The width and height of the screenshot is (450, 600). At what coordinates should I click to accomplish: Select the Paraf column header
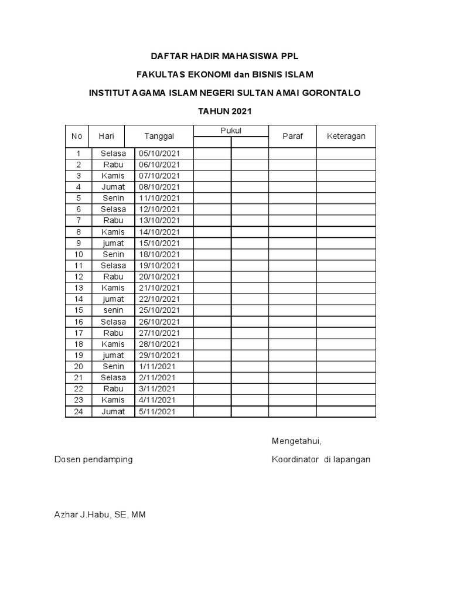[x=292, y=136]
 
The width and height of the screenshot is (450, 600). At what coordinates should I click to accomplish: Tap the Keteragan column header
[x=346, y=136]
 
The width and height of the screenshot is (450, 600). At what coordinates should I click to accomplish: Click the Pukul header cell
[x=231, y=130]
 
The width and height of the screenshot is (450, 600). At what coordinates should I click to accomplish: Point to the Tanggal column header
[x=159, y=136]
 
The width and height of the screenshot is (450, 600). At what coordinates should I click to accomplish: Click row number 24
[x=79, y=411]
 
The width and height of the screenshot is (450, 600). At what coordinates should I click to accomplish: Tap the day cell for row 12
[x=113, y=277]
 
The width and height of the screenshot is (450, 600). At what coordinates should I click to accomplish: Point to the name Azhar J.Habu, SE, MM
[x=100, y=515]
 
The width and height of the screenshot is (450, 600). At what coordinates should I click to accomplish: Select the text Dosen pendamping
[x=93, y=459]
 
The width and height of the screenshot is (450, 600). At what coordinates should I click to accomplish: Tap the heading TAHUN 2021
[x=225, y=111]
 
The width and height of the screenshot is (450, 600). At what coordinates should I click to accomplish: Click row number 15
[x=79, y=310]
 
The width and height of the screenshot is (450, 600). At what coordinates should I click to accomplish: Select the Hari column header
[x=106, y=136]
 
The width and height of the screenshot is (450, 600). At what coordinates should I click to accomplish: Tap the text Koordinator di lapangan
[x=321, y=459]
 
